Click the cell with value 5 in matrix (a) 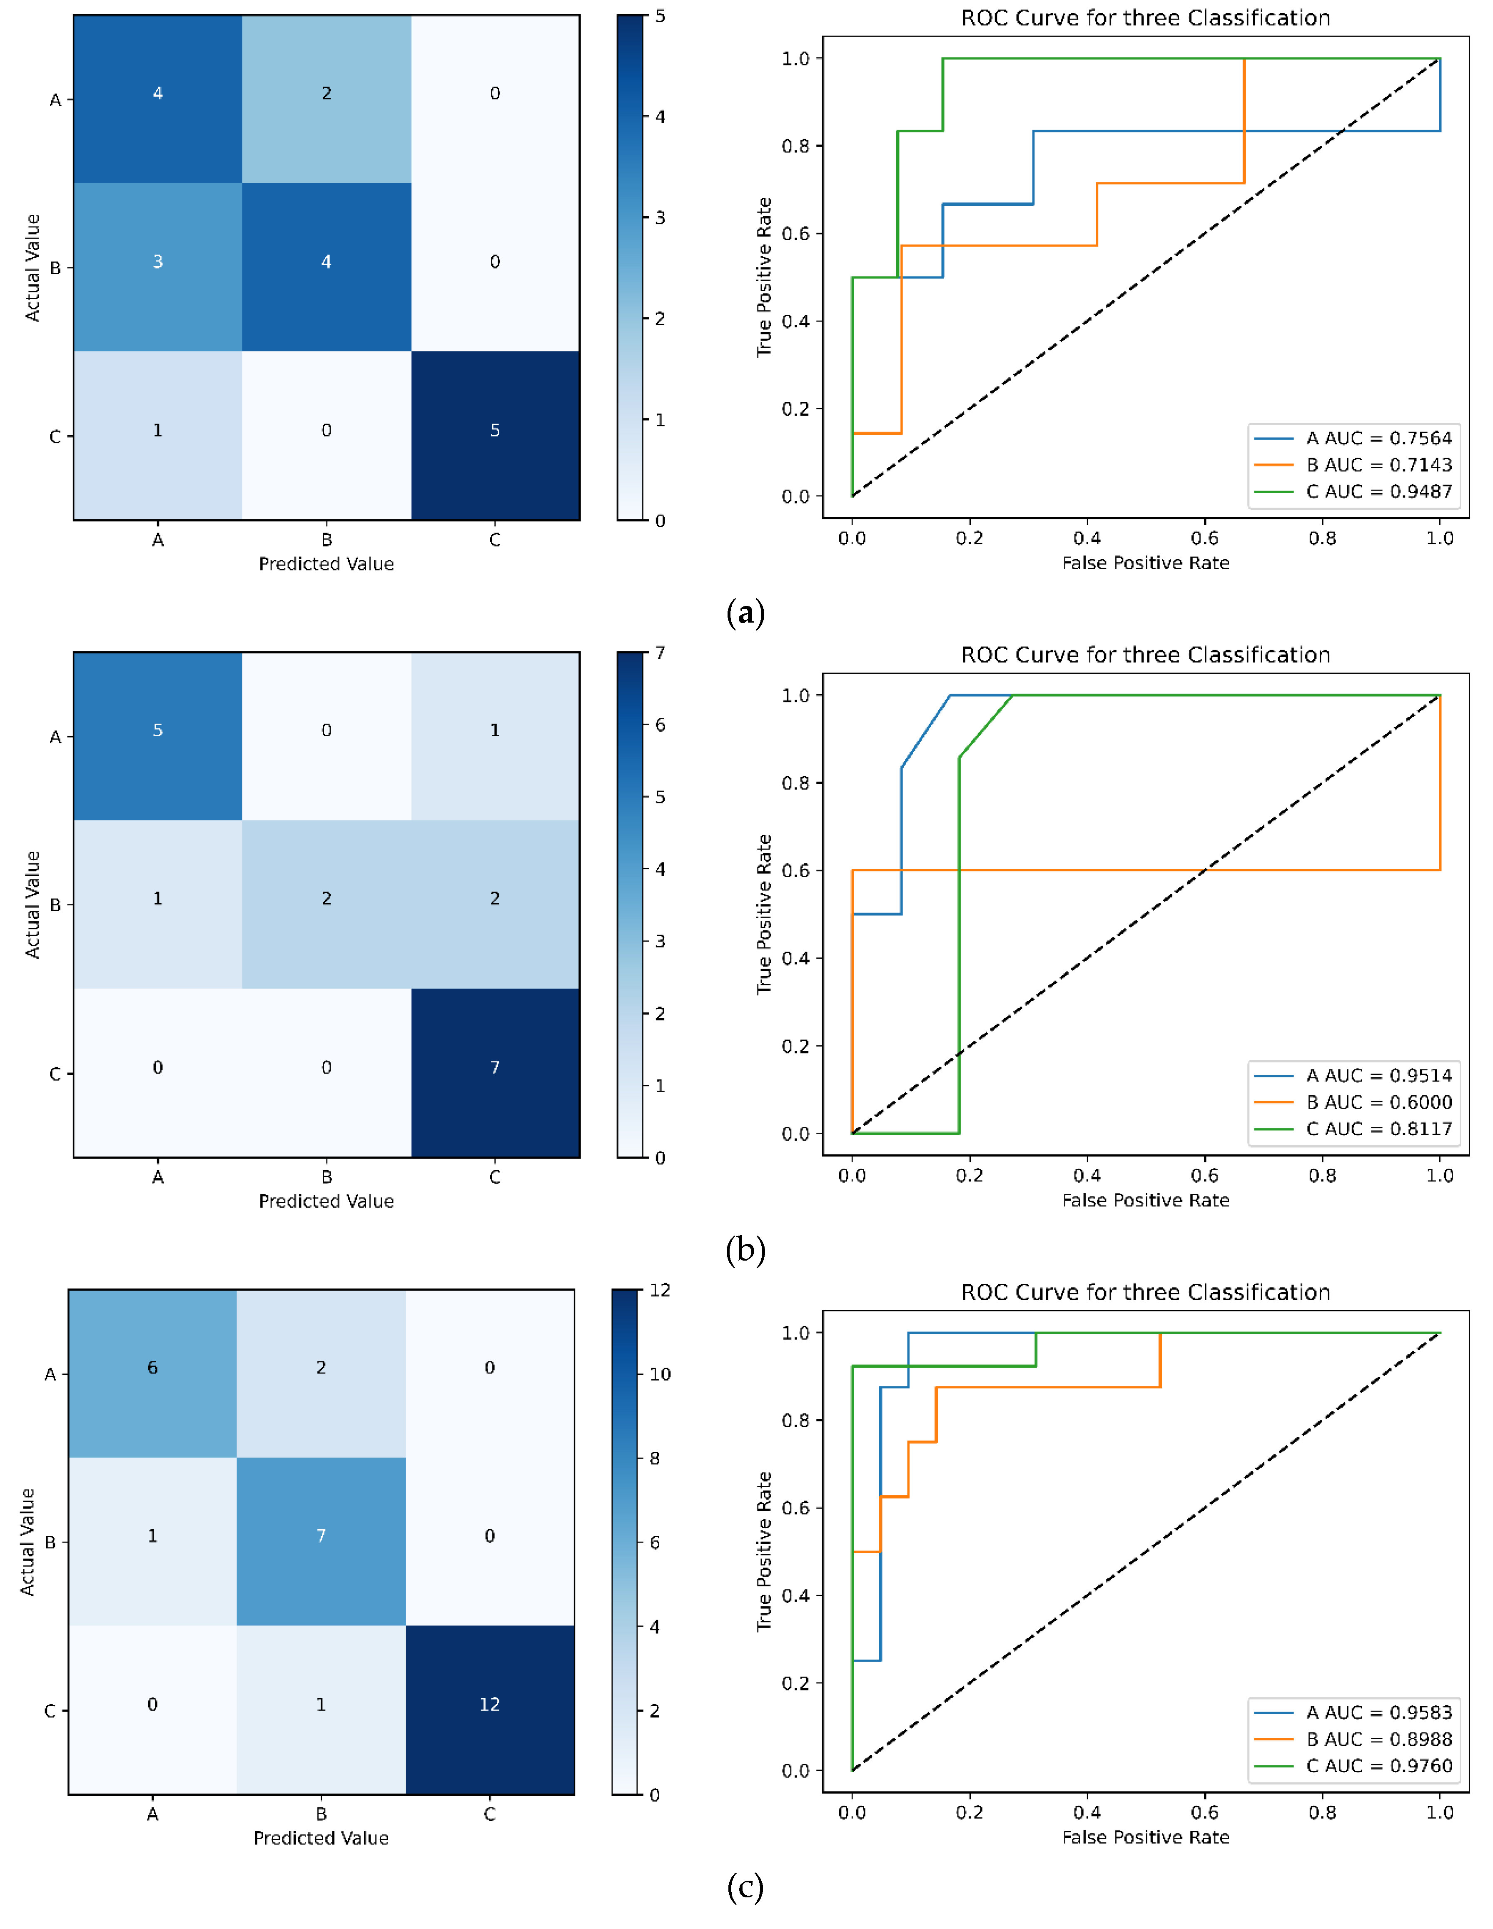point(495,430)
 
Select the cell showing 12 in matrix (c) point(489,1704)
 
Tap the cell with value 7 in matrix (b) point(495,1067)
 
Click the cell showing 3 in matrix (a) point(157,262)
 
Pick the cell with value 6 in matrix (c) point(152,1367)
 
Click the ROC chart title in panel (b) point(1145,655)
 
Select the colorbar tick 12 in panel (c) point(660,1291)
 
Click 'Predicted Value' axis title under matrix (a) point(326,563)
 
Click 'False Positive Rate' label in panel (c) point(1145,1837)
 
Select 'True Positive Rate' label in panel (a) point(764,277)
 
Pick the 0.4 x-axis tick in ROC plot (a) point(1087,538)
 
